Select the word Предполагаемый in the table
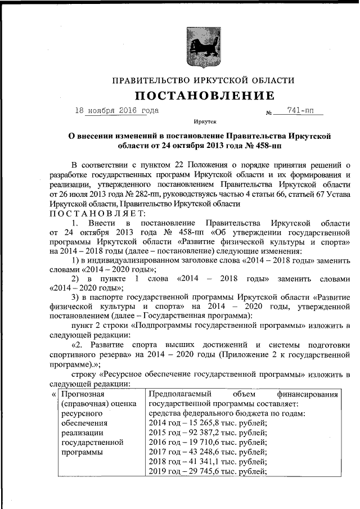pos(180,394)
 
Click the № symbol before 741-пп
pos(268,113)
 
